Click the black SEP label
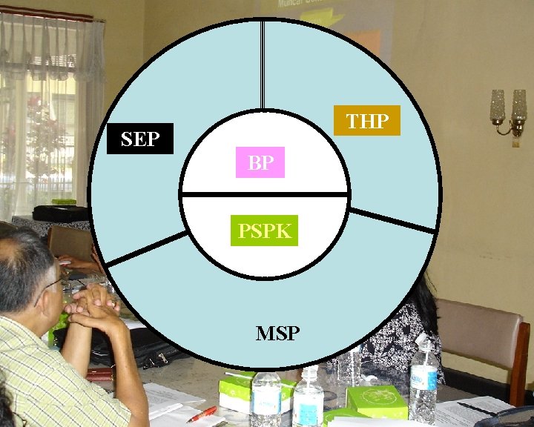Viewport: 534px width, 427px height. [140, 139]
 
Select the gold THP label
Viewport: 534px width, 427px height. [367, 121]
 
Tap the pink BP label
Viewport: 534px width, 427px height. [260, 163]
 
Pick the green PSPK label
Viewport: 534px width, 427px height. [264, 231]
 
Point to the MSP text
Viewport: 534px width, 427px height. [277, 334]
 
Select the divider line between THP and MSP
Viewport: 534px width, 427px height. [391, 221]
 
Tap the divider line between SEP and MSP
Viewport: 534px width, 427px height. [146, 249]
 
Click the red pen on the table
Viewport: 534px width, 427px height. [201, 414]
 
